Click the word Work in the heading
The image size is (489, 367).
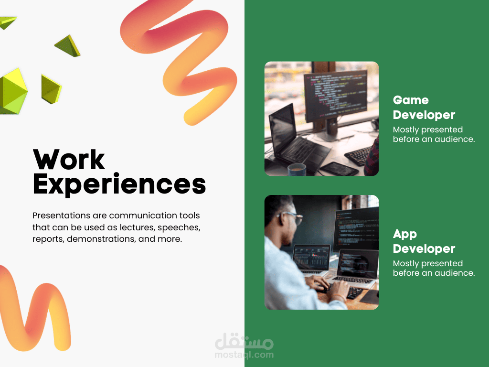tap(69, 160)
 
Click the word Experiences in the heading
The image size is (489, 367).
tap(119, 184)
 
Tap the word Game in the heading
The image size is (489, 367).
tap(411, 100)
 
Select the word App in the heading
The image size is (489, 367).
tap(405, 234)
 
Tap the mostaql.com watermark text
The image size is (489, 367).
tap(244, 355)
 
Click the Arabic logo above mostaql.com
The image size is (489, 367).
tap(244, 341)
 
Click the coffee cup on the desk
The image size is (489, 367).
tap(297, 170)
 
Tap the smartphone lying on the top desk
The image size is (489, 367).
tap(339, 169)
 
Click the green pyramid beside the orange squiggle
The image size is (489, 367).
tap(68, 46)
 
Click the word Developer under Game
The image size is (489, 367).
tap(424, 115)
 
